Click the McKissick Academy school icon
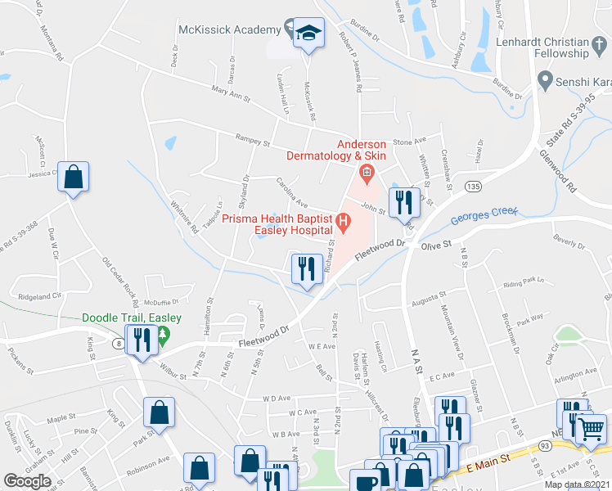pos(308,33)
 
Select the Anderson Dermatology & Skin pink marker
pos(365,172)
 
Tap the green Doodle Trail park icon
pos(162,334)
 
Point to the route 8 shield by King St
pos(119,345)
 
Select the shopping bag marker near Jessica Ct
pos(73,176)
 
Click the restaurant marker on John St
pos(403,200)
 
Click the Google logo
pos(28,480)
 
